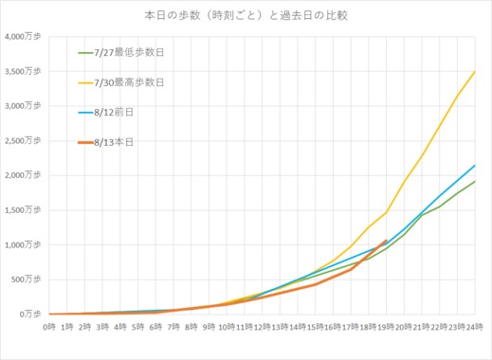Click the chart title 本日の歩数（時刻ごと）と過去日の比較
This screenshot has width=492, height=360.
coord(246,15)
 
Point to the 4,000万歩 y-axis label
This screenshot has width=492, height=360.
coord(23,37)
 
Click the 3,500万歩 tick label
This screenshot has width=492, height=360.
coord(23,71)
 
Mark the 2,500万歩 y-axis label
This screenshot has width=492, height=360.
coord(23,140)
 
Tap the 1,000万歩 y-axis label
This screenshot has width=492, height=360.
coord(23,244)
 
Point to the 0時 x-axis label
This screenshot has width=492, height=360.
coord(49,327)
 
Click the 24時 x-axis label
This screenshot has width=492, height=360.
coord(474,327)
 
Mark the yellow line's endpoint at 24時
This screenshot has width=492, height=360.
coord(474,71)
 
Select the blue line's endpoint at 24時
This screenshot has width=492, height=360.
coord(474,165)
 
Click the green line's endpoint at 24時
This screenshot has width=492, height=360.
coord(474,182)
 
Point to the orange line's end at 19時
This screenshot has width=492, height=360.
coord(386,240)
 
